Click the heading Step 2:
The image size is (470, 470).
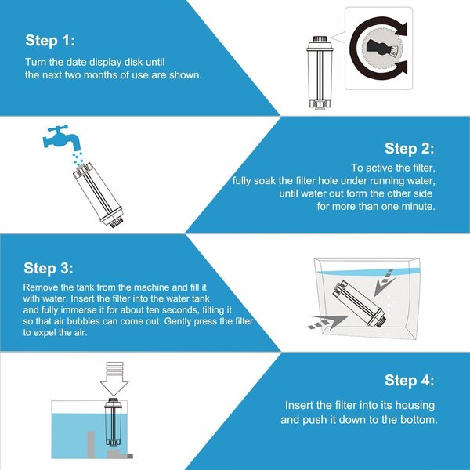409,149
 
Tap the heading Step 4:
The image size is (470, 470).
409,381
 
